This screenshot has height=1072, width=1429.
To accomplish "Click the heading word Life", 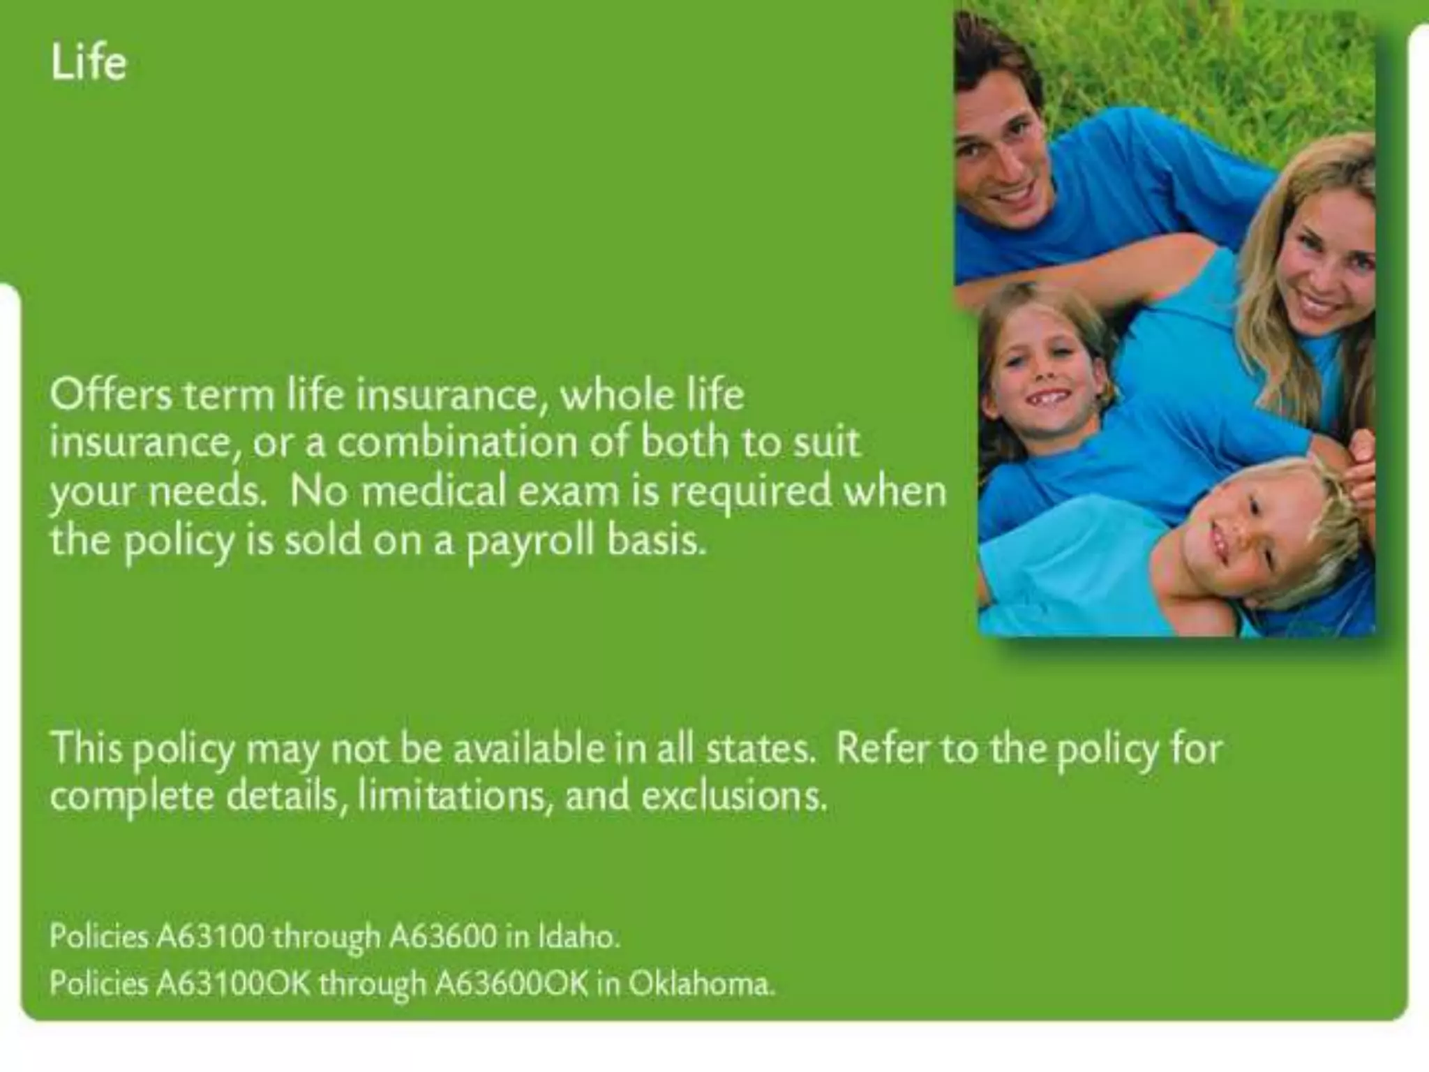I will pyautogui.click(x=89, y=63).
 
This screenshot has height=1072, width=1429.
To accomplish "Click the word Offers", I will pyautogui.click(x=110, y=395).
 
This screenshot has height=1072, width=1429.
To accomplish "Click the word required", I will pyautogui.click(x=751, y=491).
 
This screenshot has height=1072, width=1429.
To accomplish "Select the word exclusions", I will pyautogui.click(x=733, y=796).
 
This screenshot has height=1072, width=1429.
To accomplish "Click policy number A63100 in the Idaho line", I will pyautogui.click(x=210, y=937).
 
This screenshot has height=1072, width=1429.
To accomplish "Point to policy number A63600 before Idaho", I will pyautogui.click(x=443, y=937).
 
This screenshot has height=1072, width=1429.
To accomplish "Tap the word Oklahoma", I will pyautogui.click(x=701, y=984).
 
